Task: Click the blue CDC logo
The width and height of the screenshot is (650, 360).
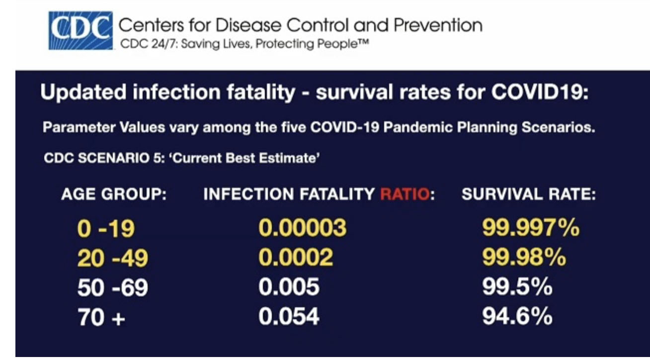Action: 80,30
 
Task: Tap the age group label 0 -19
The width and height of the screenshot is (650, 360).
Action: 106,229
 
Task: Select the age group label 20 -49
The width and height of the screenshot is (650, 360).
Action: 112,258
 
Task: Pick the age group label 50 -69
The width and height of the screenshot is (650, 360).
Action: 112,287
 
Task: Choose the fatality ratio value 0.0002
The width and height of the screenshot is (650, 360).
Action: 296,258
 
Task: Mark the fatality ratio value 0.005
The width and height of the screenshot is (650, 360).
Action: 289,287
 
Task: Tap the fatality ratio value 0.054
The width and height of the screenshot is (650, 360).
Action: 289,317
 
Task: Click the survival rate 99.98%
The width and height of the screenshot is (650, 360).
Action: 524,258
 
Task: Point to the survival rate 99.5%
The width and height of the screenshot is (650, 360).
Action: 517,287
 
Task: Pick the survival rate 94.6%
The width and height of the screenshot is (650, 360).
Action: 517,317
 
